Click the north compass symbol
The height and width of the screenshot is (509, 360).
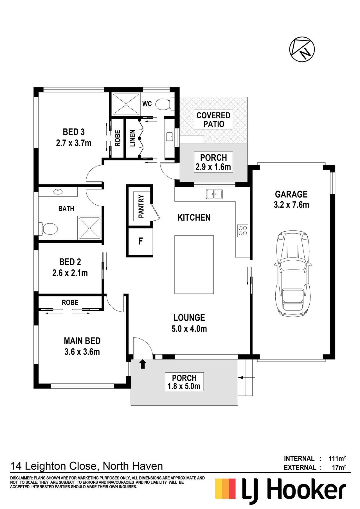pos(302,49)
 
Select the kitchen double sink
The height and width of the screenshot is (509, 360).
pos(214,194)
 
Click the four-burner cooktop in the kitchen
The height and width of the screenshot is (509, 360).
pos(243,230)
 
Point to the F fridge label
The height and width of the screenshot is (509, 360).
pos(140,241)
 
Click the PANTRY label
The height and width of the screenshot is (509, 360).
pos(141,206)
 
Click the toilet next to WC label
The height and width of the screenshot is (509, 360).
pos(165,104)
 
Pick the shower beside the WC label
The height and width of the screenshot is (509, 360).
pos(126,104)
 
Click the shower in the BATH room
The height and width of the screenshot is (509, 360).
pos(89,228)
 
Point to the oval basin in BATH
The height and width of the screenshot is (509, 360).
pos(58,192)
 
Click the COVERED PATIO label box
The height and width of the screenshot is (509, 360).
pos(213,119)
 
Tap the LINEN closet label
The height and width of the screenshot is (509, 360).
pos(132,138)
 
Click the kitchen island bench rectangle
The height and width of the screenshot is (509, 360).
pos(194,264)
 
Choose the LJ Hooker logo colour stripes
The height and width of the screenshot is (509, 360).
pos(225,489)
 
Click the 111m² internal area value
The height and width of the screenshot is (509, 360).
pos(337,458)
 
